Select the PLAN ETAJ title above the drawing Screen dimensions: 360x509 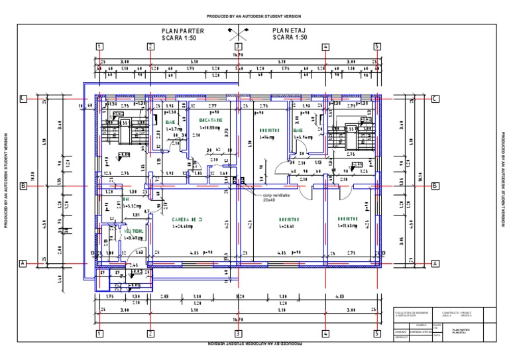click(x=290, y=30)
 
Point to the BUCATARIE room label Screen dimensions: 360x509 click(x=210, y=120)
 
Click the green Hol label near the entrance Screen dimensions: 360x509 click(x=126, y=199)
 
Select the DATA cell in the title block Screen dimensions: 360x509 click(x=437, y=335)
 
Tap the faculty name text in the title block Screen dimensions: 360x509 click(x=412, y=313)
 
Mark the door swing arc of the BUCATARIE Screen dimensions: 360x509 click(x=198, y=163)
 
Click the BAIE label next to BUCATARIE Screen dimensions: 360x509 click(x=170, y=121)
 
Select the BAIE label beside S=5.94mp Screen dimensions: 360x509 click(x=298, y=131)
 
